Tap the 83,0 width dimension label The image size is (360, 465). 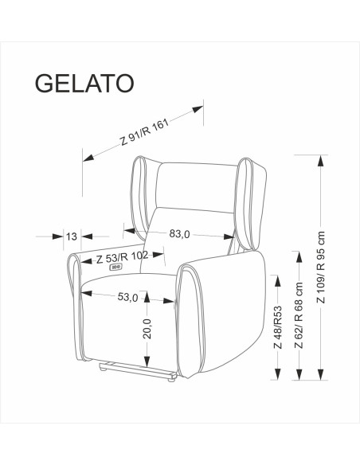pos(180,234)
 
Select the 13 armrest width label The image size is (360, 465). pos(72,236)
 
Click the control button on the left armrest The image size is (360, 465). pos(116,269)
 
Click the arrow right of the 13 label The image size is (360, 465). pos(87,236)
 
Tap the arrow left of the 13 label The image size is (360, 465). pos(58,236)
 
